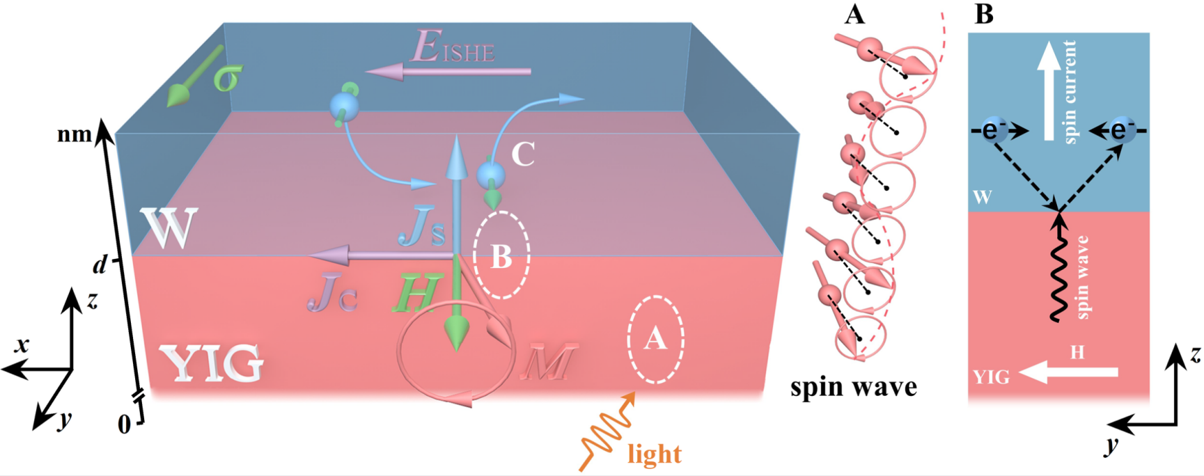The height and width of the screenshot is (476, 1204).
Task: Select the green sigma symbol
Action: coord(227,79)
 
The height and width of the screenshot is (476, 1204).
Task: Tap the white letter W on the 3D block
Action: coord(169,228)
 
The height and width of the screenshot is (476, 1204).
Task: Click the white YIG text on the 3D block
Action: coord(212,363)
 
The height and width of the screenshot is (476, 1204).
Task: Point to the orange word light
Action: coord(654,454)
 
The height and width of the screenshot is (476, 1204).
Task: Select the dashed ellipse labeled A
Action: coord(655,340)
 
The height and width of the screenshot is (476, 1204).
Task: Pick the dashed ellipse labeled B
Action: coord(501,255)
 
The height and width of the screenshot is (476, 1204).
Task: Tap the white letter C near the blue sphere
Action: coord(523,154)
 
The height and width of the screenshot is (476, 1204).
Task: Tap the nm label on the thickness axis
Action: coord(75,134)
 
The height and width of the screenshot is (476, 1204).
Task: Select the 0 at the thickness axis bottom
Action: coord(124,424)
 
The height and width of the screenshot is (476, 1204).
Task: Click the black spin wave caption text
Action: coord(853,387)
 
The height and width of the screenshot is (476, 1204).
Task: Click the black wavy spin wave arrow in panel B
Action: coord(1058,268)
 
